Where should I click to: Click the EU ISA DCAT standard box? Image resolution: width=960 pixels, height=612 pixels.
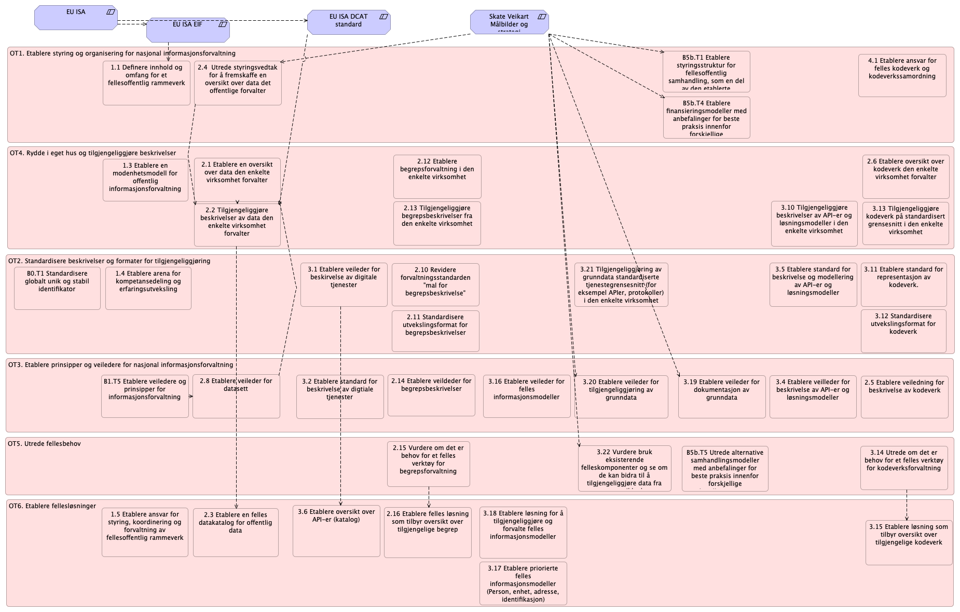348,22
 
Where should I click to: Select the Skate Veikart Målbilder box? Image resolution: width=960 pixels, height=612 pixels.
509,22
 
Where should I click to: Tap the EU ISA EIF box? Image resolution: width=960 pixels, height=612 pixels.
188,31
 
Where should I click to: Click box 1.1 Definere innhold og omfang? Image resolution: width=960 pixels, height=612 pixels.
146,83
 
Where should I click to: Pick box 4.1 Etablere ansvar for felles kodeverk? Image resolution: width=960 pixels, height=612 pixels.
902,75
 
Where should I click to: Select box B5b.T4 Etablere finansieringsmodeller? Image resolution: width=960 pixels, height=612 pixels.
706,118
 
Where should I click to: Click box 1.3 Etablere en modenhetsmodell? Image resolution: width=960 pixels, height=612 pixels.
145,180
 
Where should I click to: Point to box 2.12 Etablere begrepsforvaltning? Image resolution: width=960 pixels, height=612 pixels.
437,176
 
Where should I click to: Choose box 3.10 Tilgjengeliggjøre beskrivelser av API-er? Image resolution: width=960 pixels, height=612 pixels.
814,224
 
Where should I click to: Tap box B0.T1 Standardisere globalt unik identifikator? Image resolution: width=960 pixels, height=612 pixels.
57,288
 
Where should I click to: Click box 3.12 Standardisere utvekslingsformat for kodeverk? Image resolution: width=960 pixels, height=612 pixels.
903,331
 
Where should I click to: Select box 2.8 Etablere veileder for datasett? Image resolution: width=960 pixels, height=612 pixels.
236,396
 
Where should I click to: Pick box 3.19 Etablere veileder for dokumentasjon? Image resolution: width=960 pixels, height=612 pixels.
721,397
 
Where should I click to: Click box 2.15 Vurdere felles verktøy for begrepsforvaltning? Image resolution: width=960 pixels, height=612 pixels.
428,464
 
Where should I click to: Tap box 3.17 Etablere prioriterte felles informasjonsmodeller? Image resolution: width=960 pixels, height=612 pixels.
523,583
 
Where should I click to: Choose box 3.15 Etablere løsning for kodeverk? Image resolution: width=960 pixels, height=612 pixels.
909,542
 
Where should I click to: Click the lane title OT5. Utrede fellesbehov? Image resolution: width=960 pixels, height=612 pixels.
44,444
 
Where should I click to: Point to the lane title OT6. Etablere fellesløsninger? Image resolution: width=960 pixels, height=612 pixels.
52,506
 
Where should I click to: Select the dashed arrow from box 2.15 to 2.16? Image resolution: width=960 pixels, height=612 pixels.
429,497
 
